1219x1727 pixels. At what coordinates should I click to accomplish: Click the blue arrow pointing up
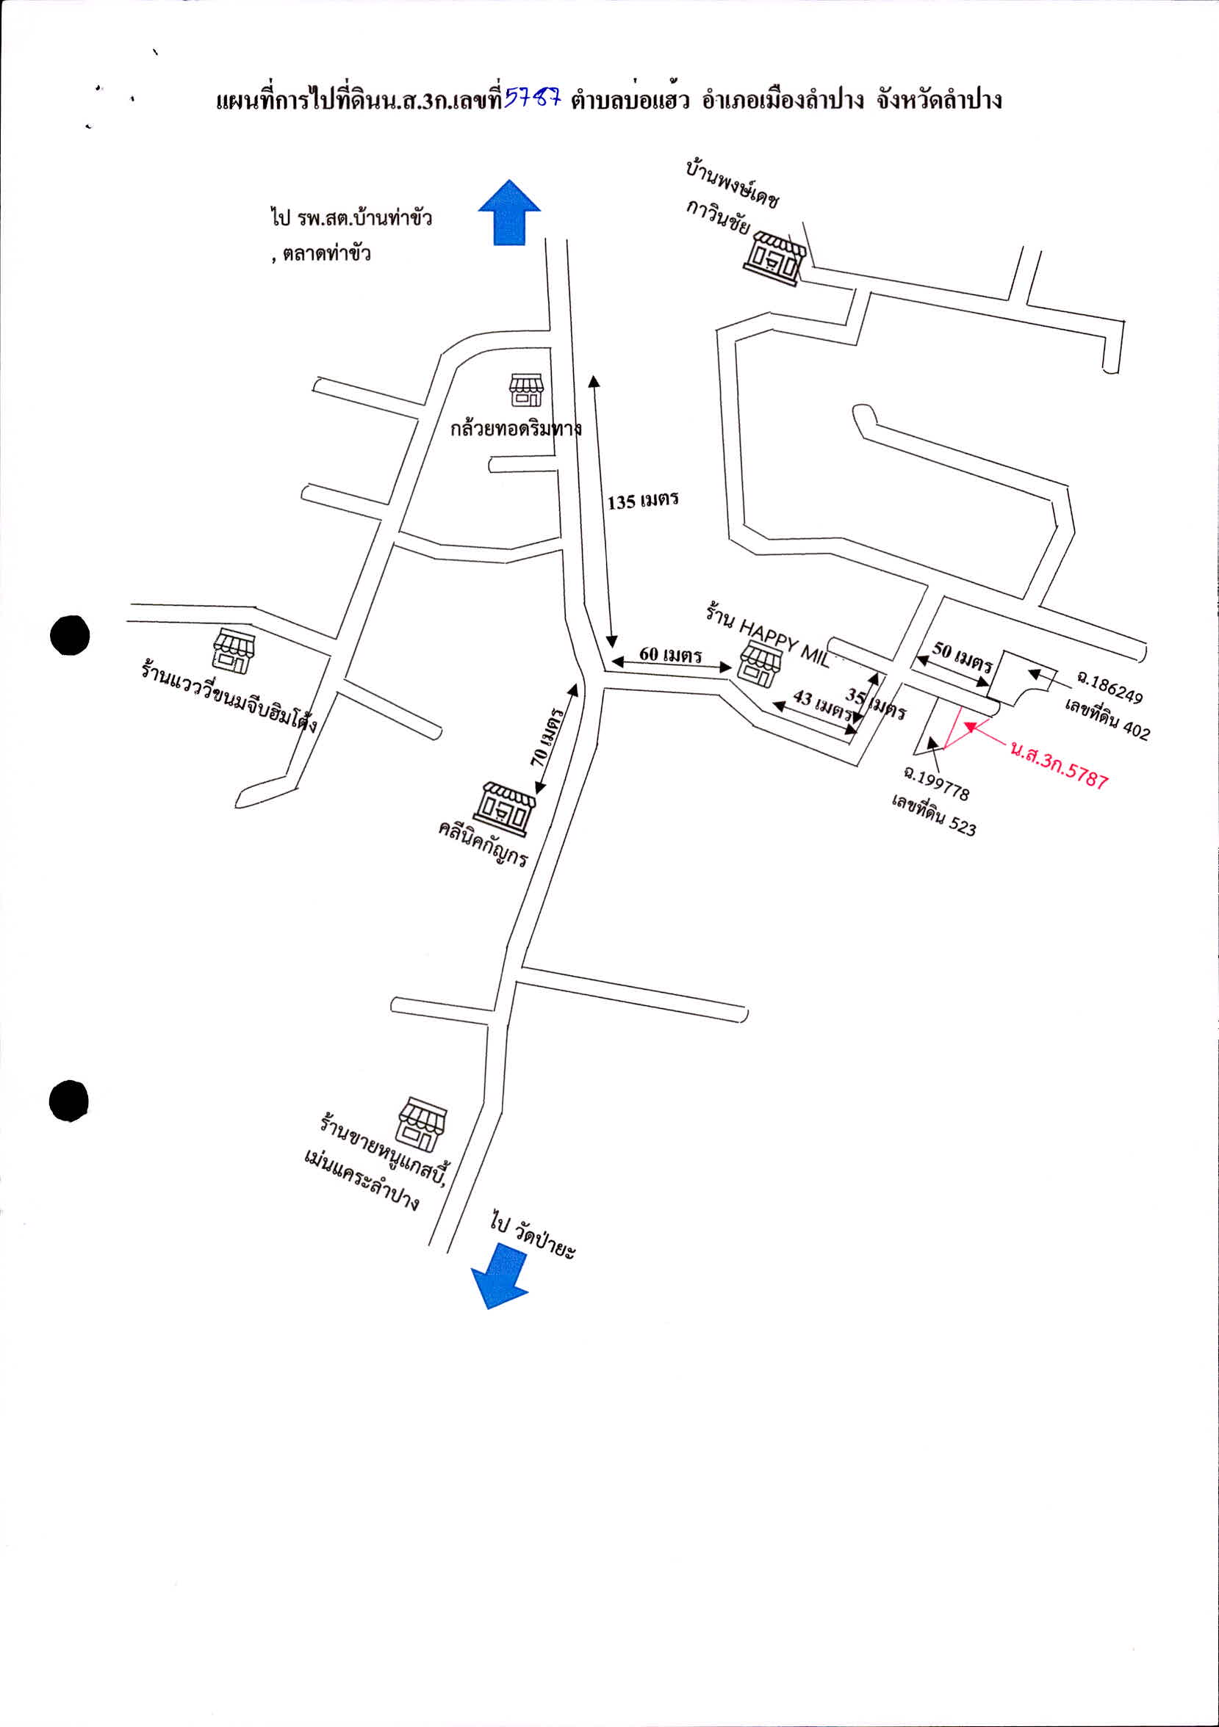coord(509,212)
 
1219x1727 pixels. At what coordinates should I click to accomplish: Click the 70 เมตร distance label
coord(548,736)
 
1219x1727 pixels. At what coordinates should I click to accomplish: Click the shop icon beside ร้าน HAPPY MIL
coord(760,665)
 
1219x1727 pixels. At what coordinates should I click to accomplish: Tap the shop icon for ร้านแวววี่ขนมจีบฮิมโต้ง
coord(234,651)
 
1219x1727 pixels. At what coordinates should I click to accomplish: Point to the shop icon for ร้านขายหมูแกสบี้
coord(421,1124)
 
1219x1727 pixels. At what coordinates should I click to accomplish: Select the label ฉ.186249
coord(1110,687)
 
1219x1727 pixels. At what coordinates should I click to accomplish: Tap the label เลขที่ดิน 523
coord(934,814)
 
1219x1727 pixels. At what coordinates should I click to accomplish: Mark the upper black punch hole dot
coord(70,635)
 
